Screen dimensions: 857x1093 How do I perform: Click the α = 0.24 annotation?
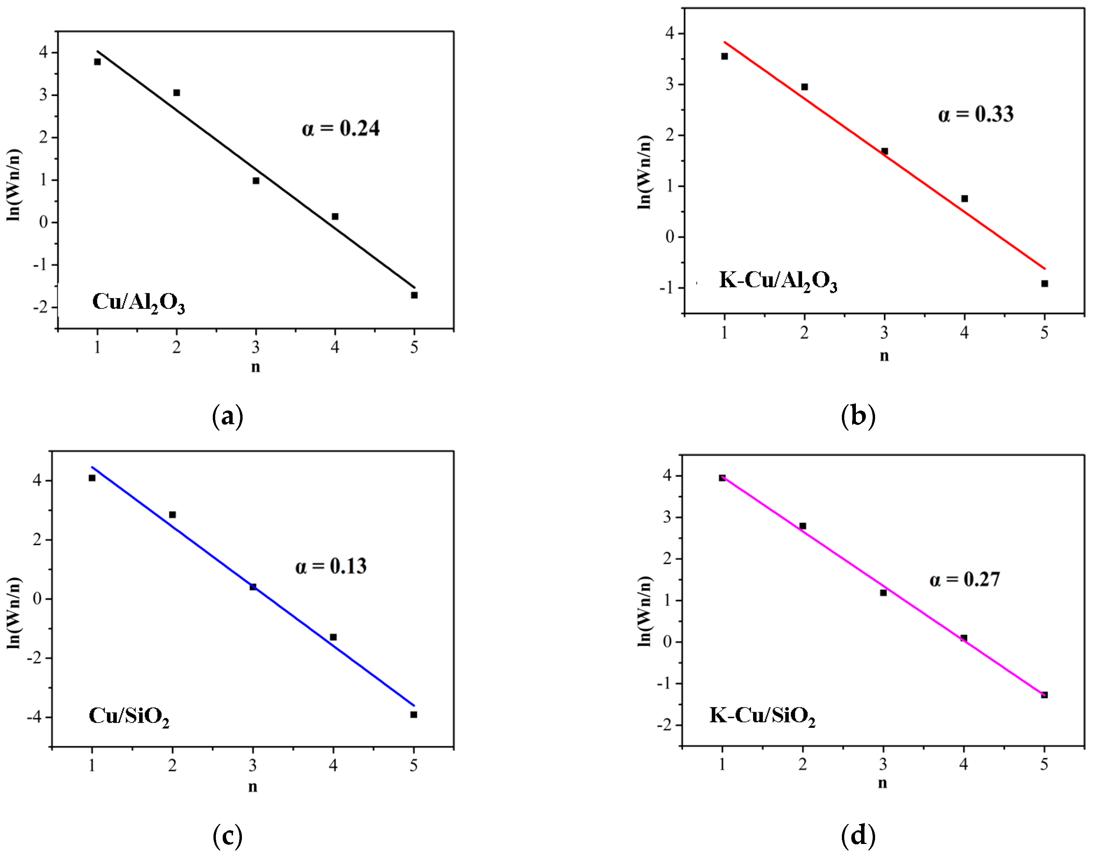pos(341,128)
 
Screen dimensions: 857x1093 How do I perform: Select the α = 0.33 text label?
pos(975,114)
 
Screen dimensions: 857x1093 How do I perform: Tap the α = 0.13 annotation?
pos(331,566)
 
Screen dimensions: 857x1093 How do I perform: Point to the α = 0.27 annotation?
pos(965,579)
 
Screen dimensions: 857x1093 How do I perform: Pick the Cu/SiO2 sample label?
pos(129,717)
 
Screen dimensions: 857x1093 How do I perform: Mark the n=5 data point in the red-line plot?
pos(1044,283)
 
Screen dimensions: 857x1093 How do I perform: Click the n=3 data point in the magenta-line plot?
pos(883,592)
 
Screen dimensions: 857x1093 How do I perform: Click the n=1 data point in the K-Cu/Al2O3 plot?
pos(724,56)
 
